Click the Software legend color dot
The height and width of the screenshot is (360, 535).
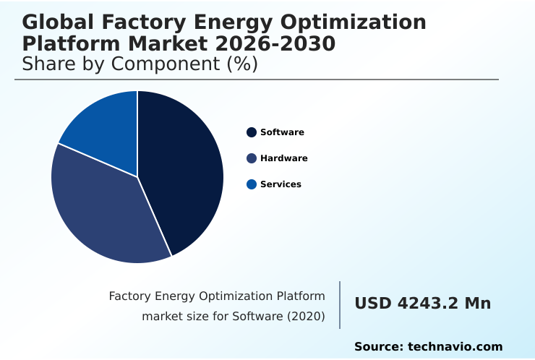(252, 132)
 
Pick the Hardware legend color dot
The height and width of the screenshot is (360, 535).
(252, 158)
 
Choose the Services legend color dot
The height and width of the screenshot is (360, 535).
(252, 184)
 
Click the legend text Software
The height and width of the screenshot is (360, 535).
(282, 132)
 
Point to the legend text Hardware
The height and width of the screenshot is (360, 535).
(283, 158)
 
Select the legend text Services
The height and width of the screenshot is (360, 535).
(281, 184)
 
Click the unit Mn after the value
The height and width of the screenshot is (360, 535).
(477, 304)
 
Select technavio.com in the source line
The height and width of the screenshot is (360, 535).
(455, 347)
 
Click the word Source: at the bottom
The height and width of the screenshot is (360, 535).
(378, 347)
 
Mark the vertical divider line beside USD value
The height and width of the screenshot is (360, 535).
(340, 304)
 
